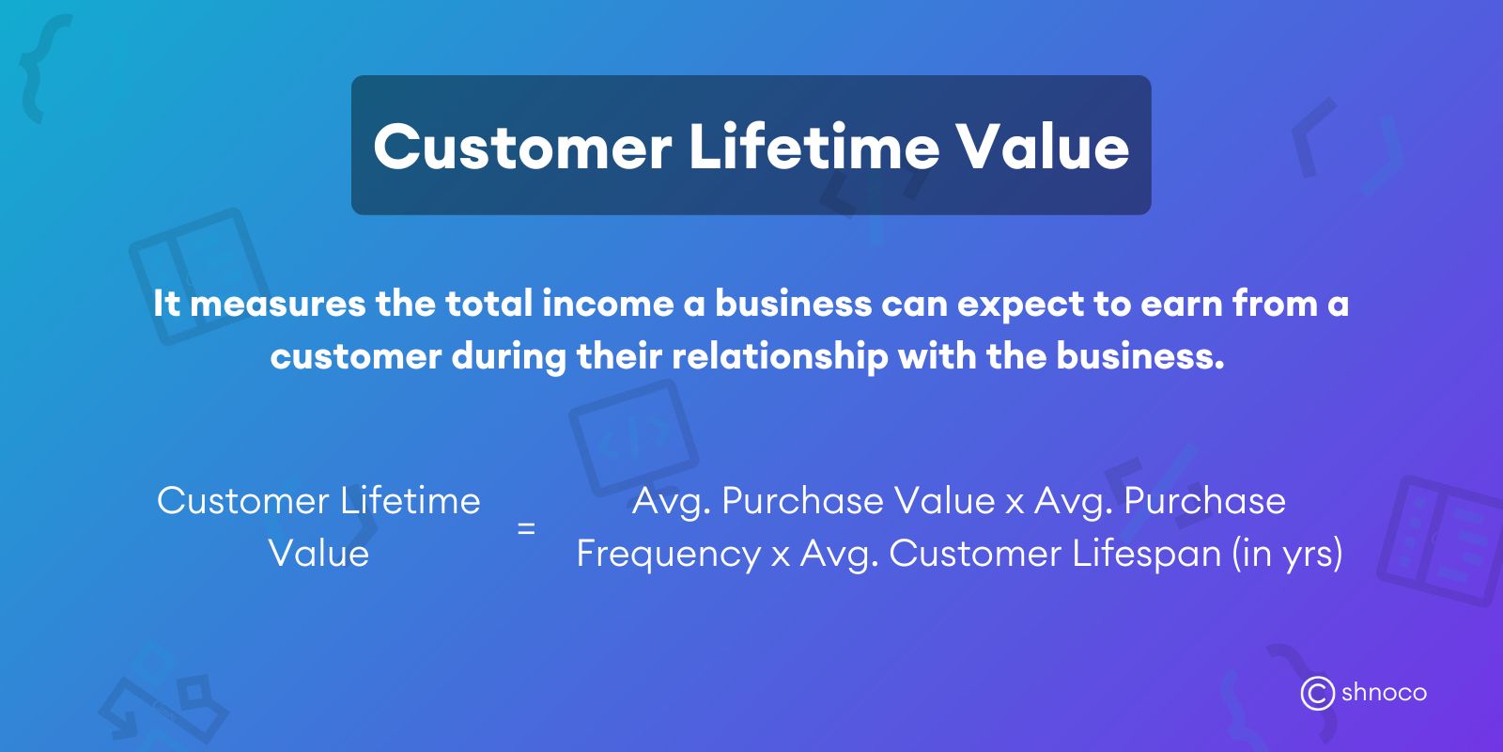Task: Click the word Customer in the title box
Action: [x=522, y=148]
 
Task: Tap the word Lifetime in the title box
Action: [x=813, y=148]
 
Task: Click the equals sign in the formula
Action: [x=526, y=528]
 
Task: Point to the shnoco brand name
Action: [x=1384, y=693]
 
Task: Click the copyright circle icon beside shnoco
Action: [x=1317, y=694]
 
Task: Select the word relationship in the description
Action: [x=780, y=356]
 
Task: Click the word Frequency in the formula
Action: [x=668, y=554]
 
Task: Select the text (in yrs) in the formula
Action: [x=1287, y=554]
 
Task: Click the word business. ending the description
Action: [x=1140, y=356]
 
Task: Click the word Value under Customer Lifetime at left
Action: [x=318, y=554]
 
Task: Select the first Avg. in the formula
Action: [x=671, y=501]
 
